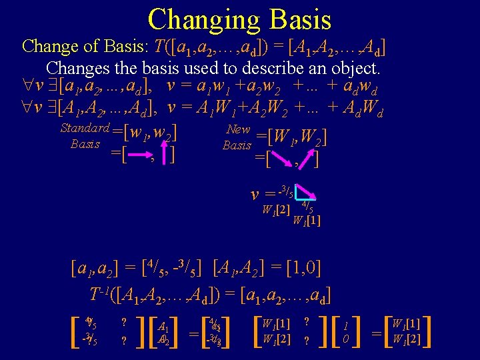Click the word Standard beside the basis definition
click(x=85, y=128)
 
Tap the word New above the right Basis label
click(x=238, y=129)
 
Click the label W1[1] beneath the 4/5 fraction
click(x=307, y=221)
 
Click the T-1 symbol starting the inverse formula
click(x=99, y=293)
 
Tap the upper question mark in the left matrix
click(x=124, y=321)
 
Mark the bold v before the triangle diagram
click(x=254, y=195)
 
